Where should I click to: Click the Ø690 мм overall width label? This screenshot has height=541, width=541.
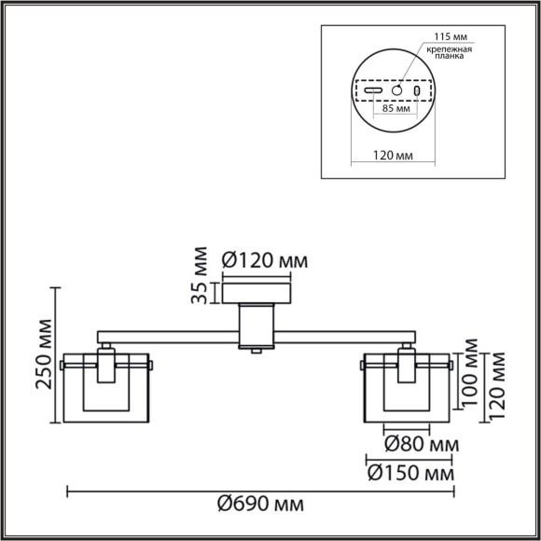(x=260, y=505)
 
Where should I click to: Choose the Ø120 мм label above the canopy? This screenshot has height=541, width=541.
(x=264, y=260)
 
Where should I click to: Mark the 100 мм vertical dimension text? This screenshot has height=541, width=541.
(x=474, y=377)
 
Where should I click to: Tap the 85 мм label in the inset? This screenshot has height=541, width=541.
(x=396, y=109)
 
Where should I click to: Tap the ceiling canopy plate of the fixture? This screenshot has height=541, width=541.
(x=257, y=292)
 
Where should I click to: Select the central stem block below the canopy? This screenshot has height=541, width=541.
(x=257, y=325)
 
